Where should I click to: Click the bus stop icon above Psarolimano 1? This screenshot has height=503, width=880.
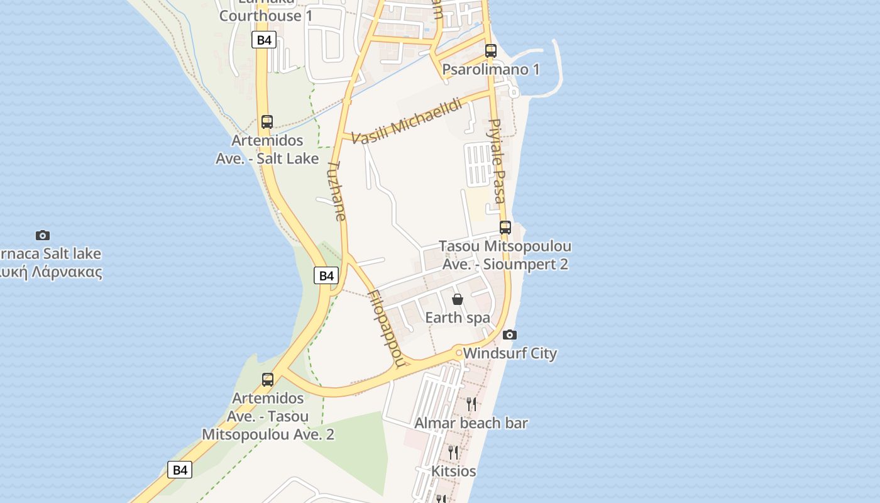[x=491, y=51]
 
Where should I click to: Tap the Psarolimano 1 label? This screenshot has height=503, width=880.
[x=491, y=69]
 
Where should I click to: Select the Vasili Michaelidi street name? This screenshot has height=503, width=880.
[x=407, y=121]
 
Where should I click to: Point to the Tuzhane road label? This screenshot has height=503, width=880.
[x=337, y=191]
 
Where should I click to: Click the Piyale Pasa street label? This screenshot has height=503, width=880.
[x=497, y=160]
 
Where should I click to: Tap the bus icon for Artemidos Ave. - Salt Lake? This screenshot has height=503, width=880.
[x=267, y=122]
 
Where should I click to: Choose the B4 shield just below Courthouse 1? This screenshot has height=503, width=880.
[x=264, y=40]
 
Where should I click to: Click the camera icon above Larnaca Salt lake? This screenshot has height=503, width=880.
[x=43, y=235]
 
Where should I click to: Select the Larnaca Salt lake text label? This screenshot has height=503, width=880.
[x=50, y=254]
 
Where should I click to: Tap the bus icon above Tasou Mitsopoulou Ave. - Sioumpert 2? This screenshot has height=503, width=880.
[x=505, y=228]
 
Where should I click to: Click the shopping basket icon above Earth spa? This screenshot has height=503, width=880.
[x=458, y=299]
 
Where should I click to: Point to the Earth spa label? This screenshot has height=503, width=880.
[x=458, y=318]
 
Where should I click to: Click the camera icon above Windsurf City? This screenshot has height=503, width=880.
[x=510, y=334]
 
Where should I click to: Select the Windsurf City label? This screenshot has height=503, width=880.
[x=510, y=353]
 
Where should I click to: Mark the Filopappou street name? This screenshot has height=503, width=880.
[x=385, y=328]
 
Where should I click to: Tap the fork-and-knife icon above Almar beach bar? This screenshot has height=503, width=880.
[x=471, y=404]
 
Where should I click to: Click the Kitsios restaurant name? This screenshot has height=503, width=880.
[x=453, y=471]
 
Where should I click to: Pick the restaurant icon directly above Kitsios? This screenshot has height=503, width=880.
[x=453, y=451]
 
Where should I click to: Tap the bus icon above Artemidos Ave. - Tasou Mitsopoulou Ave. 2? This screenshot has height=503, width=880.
[x=268, y=380]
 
